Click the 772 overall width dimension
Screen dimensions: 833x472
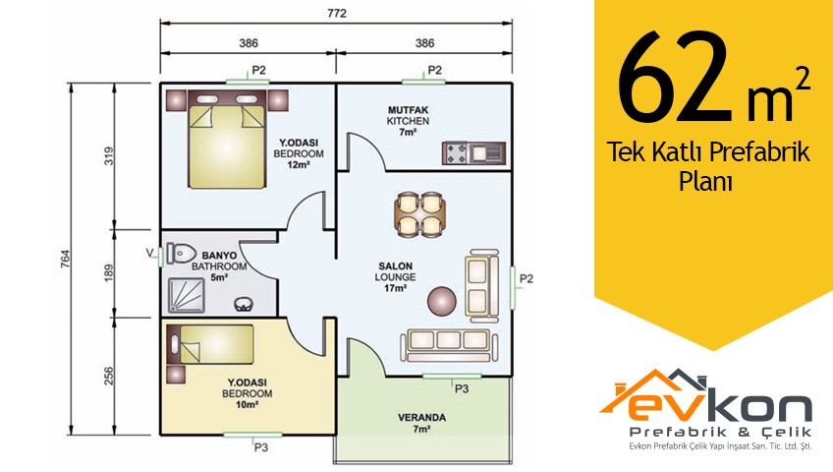pos(336,13)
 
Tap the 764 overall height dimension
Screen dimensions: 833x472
pos(66,259)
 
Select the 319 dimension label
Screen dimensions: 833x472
pos(109,155)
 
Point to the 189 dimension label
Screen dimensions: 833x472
pos(109,273)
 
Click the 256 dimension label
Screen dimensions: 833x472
pos(109,377)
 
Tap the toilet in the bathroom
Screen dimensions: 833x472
pos(181,253)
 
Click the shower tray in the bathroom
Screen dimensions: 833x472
pos(186,296)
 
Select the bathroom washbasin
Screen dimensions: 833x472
pos(244,304)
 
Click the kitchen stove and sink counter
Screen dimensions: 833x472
pos(473,153)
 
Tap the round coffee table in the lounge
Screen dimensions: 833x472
pos(442,301)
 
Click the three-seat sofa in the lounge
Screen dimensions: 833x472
pos(449,344)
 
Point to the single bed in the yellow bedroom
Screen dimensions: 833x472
pos(211,344)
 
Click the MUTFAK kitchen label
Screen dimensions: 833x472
pos(408,110)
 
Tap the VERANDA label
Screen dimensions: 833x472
pos(421,418)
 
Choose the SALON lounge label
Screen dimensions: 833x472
pos(395,265)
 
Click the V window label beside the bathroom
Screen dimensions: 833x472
pos(150,253)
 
